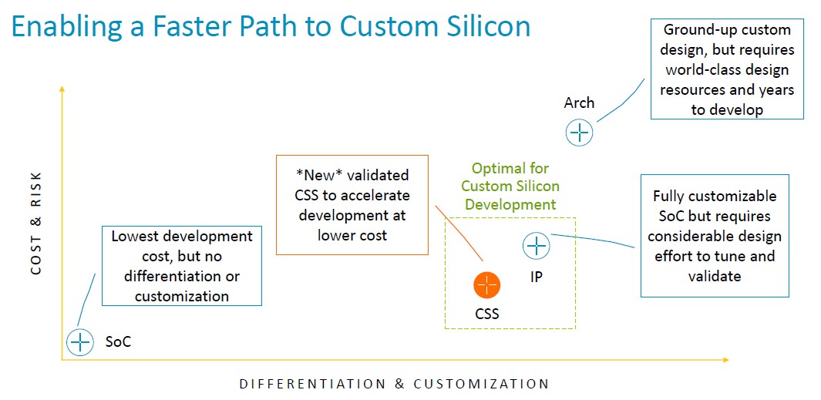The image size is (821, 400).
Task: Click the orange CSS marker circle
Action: coord(487,286)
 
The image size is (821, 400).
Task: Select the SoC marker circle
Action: coord(80,342)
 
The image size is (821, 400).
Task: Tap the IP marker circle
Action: coord(537,246)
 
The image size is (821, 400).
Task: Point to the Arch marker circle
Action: coord(579,133)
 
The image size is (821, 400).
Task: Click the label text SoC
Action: coord(118,342)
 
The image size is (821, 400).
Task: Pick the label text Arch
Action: coord(579,103)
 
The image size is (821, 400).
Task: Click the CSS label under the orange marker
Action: coord(487,314)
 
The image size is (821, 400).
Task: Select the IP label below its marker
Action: coord(537,277)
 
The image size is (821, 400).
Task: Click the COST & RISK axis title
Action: coord(36,222)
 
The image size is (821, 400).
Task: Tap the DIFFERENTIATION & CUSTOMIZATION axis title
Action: coord(394,384)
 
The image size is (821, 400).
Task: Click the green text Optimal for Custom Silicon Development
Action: coord(510,187)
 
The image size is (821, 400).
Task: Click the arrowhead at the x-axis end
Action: coord(725,360)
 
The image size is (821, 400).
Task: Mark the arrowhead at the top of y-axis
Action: coord(62,88)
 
